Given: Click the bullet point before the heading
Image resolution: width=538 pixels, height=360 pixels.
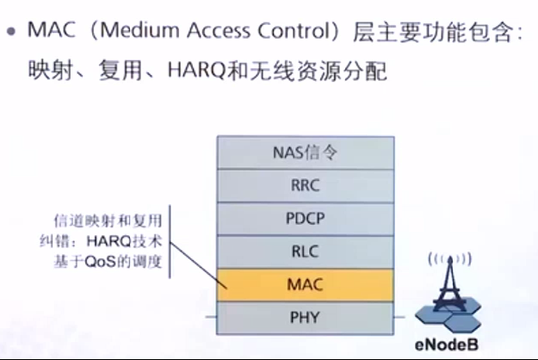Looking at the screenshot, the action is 11,32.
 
